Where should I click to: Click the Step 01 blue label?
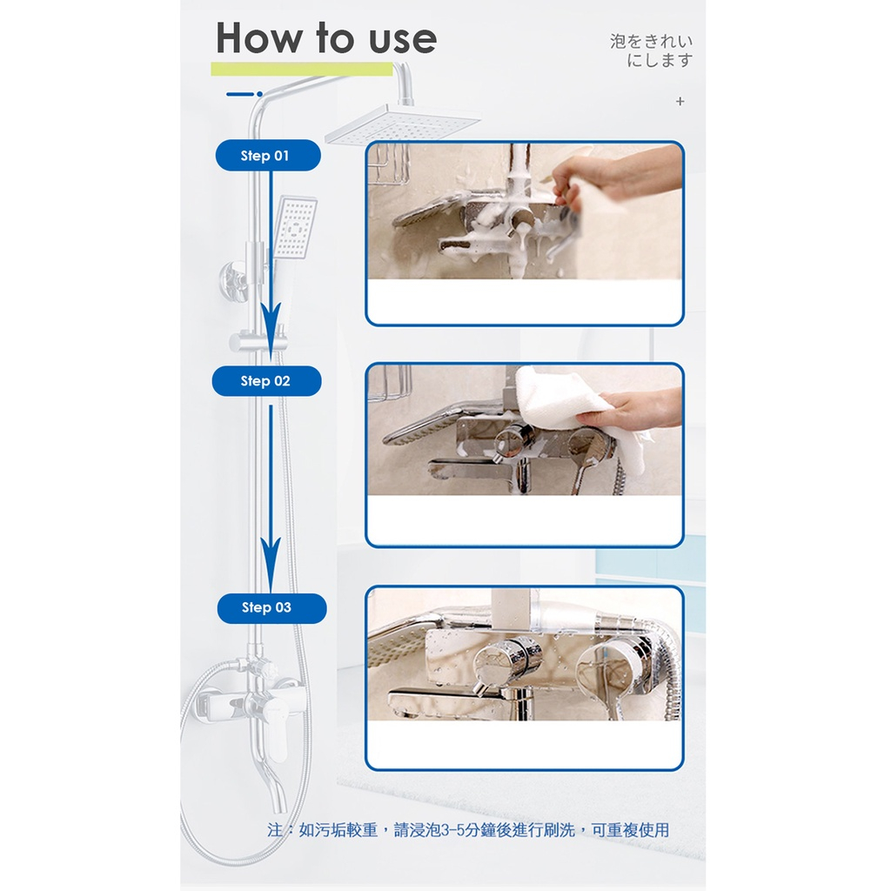click(x=268, y=155)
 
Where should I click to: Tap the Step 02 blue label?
click(x=266, y=381)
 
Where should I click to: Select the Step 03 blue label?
click(x=271, y=608)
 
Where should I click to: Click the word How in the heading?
click(x=259, y=38)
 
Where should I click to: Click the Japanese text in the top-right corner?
click(x=652, y=50)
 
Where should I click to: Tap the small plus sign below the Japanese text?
click(x=680, y=102)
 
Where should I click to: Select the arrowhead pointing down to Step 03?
click(x=271, y=563)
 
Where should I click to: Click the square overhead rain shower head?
click(x=402, y=124)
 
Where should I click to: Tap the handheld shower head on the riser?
click(x=294, y=227)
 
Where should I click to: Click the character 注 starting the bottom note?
click(x=275, y=830)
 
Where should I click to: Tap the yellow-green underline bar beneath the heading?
click(x=302, y=69)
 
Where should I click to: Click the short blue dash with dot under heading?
click(x=245, y=94)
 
